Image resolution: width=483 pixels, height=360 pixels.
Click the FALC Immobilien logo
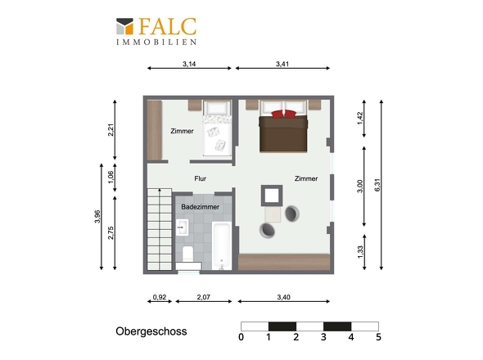coord(156,31)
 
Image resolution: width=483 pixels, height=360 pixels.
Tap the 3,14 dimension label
coord(189,64)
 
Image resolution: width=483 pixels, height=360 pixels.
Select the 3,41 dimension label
coord(282,64)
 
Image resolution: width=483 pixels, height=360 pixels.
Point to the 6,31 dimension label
coord(377,185)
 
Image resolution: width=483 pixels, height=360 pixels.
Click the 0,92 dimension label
coord(160,297)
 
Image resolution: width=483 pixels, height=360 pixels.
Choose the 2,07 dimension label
coord(203,297)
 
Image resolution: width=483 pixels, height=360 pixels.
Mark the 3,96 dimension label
coord(97,217)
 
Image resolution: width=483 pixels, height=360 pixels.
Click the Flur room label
coord(201,178)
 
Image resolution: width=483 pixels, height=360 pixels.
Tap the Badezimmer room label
coord(201,207)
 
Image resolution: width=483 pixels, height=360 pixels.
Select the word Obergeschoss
coord(151,331)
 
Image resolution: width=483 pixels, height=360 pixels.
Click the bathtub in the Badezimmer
coord(222,246)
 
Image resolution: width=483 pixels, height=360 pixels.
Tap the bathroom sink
coord(183,227)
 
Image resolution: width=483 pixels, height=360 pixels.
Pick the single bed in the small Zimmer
coord(217,128)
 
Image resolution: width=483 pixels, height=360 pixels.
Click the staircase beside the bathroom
coord(160,229)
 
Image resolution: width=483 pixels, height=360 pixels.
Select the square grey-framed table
coord(272,196)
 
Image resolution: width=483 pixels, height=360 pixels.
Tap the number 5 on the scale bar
coord(378,337)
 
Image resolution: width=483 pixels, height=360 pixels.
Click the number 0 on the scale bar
coord(241,337)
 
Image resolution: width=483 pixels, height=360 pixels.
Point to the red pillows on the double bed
coord(284,114)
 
